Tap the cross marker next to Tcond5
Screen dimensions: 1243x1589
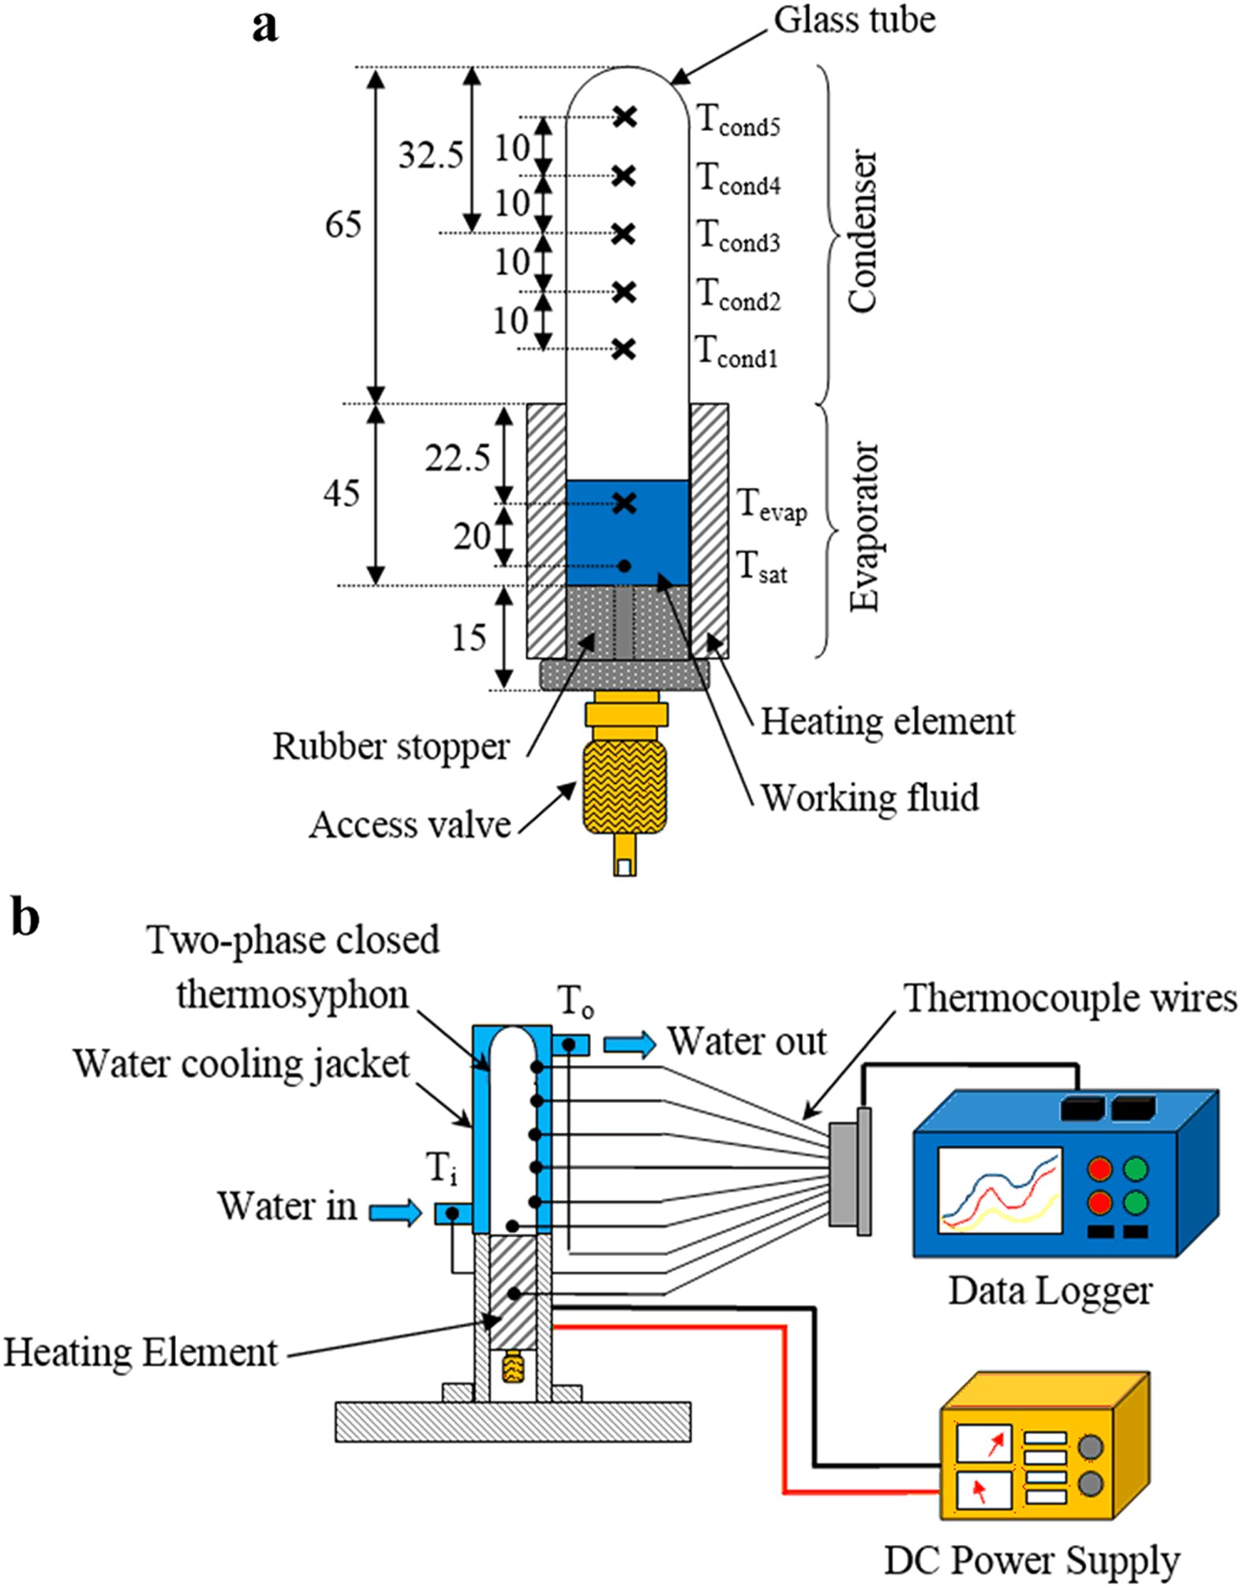(x=625, y=117)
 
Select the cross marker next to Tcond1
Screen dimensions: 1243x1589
(x=624, y=348)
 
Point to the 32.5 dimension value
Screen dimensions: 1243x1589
(x=430, y=155)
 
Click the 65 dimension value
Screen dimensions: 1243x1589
(x=343, y=225)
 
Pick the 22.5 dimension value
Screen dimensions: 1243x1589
(x=458, y=458)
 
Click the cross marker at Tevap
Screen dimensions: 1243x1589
(x=624, y=503)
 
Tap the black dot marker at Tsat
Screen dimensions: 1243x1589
(x=624, y=566)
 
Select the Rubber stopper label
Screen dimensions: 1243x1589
(x=391, y=746)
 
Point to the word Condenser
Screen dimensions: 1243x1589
(x=863, y=231)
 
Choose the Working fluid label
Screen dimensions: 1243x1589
(x=870, y=798)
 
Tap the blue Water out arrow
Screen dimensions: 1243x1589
(x=630, y=1044)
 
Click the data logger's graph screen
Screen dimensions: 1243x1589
(x=1000, y=1190)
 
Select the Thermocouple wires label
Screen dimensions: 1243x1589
(x=1070, y=998)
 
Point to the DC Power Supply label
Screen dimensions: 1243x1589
(x=1032, y=1561)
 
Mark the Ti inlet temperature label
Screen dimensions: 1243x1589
(x=442, y=1168)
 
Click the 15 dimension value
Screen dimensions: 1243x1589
(x=470, y=637)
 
